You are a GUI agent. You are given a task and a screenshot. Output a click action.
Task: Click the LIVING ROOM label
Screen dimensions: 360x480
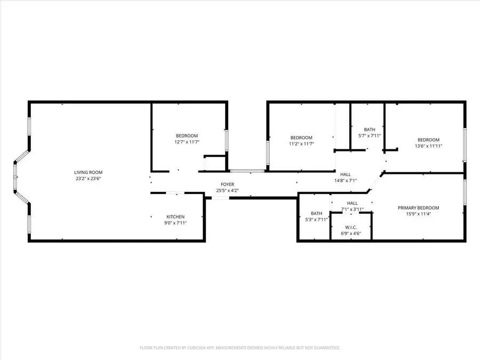[x=88, y=172]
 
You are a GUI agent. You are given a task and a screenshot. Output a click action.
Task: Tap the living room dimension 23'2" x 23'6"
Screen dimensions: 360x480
[x=88, y=179]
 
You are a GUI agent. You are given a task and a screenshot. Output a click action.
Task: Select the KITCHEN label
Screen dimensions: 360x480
[x=175, y=217]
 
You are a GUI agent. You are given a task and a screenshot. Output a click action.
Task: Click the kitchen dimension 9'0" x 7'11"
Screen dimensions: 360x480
[x=175, y=223]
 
